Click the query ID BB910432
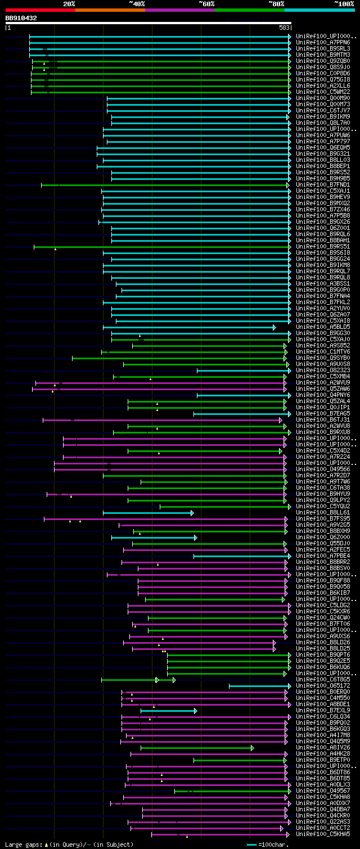(x=21, y=18)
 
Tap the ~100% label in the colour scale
(x=344, y=3)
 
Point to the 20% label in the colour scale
(x=69, y=3)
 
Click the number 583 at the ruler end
(x=284, y=27)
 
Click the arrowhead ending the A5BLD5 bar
(x=274, y=327)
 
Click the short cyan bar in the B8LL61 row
(x=147, y=513)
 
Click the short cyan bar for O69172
(x=259, y=686)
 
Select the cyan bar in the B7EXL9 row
(x=168, y=711)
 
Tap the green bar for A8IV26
(x=196, y=748)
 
